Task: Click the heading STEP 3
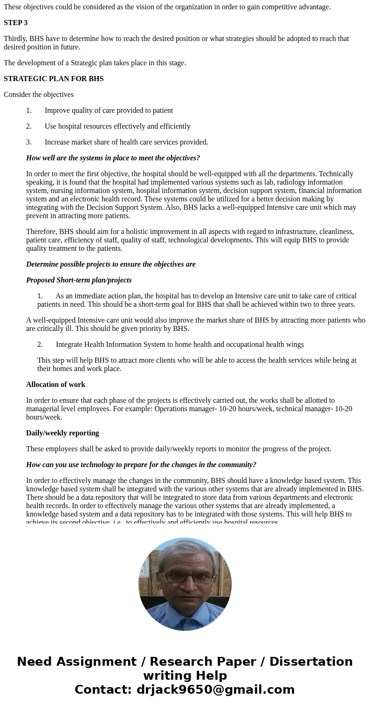click(x=15, y=23)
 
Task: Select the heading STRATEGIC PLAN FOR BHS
click(x=54, y=79)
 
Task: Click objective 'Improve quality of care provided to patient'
click(x=109, y=110)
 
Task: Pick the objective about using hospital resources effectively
click(x=117, y=126)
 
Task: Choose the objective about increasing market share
click(x=126, y=142)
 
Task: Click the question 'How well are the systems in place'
click(x=113, y=158)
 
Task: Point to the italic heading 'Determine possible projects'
click(x=110, y=264)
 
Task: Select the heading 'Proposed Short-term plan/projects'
click(x=79, y=280)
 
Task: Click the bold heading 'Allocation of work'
click(x=55, y=385)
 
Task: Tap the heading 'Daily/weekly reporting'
click(x=62, y=433)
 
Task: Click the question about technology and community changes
click(x=141, y=465)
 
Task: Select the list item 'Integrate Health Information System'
click(x=179, y=345)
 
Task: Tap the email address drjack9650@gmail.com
click(x=215, y=689)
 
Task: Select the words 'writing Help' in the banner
click(x=185, y=676)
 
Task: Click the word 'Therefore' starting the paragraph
click(x=41, y=232)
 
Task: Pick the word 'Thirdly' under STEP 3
click(x=15, y=39)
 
